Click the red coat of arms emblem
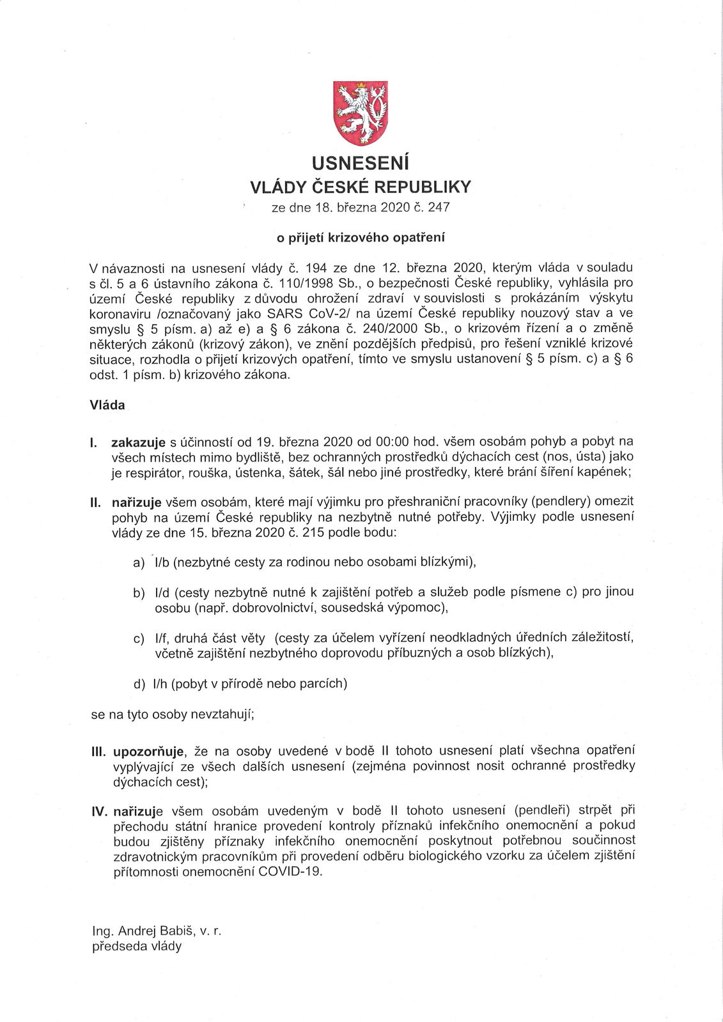[x=361, y=112]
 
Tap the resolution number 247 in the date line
[x=440, y=208]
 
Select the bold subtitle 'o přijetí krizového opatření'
[x=361, y=237]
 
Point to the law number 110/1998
[x=304, y=281]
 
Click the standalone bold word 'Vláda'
[x=108, y=406]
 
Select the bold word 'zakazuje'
[x=139, y=442]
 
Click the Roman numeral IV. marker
[x=99, y=812]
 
